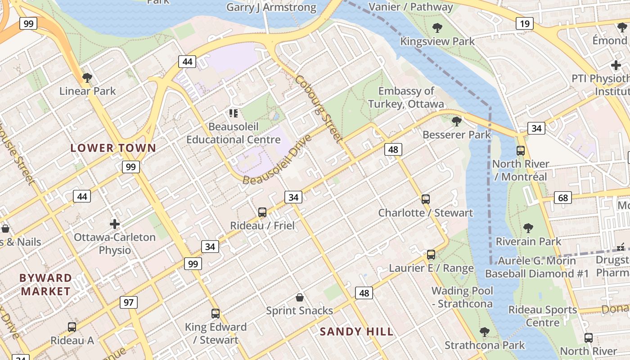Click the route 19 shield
point(524,23)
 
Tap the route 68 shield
point(563,197)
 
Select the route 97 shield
point(129,302)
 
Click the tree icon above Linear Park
point(87,78)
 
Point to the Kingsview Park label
point(437,41)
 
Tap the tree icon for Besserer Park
point(456,121)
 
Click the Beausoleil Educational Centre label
point(234,133)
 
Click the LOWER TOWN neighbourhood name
point(113,148)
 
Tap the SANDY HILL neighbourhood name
point(356,332)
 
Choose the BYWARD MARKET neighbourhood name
point(45,284)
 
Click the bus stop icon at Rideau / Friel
point(262,212)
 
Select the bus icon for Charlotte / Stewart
point(425,199)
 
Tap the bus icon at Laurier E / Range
point(431,255)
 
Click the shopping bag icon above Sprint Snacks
point(299,297)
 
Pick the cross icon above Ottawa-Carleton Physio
point(115,224)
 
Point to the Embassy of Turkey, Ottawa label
point(406,98)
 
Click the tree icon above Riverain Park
point(528,228)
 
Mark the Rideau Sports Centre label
point(542,316)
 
